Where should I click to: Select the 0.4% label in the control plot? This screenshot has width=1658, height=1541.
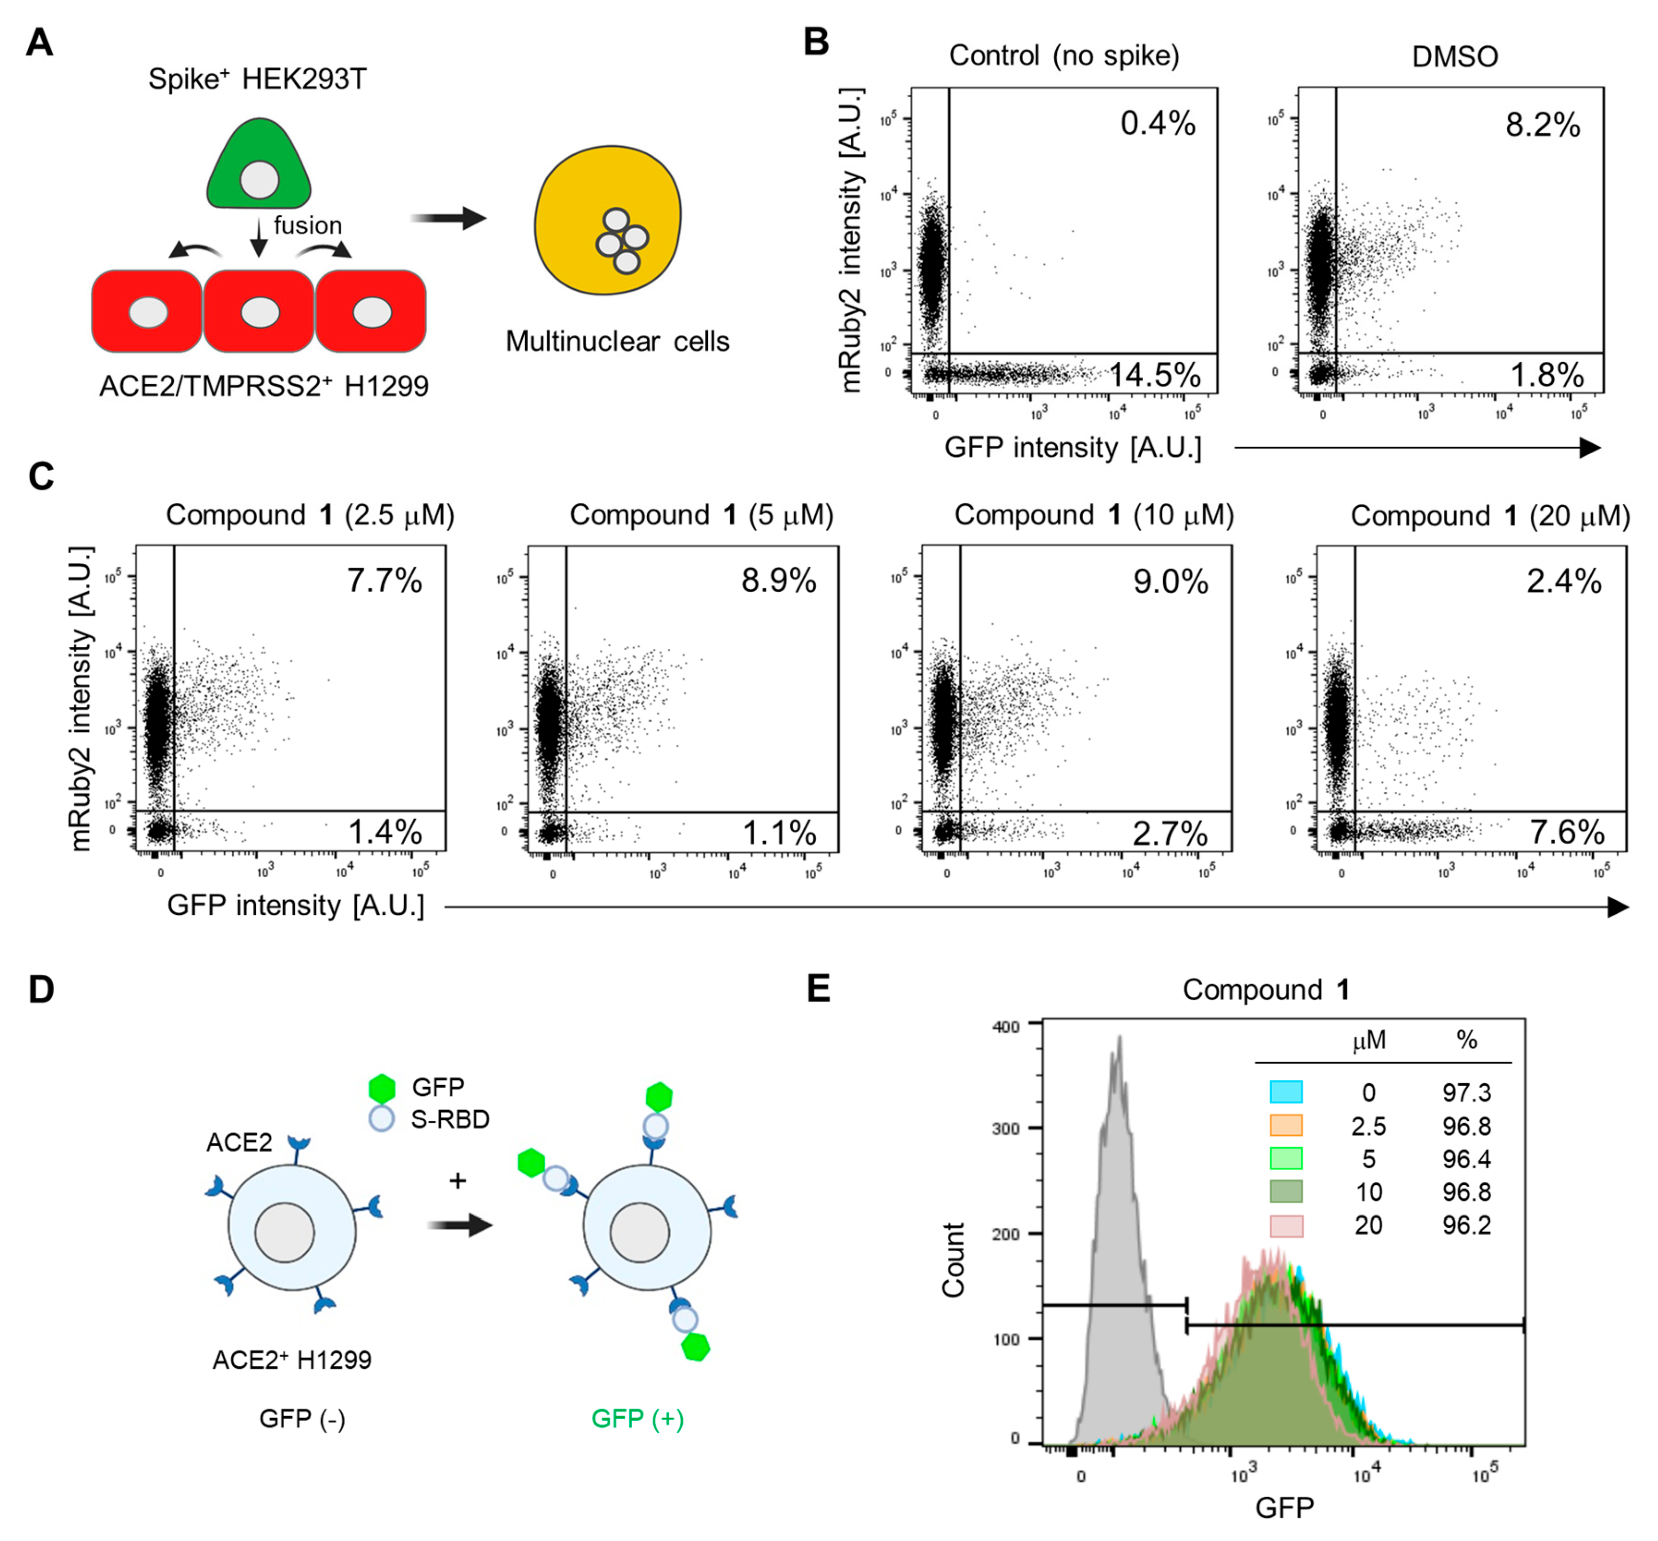coord(1157,123)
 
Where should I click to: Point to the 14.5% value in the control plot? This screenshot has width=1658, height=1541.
coord(1154,374)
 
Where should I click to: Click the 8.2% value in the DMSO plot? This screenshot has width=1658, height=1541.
coord(1542,125)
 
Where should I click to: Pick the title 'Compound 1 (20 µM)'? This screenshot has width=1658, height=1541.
coord(1490,515)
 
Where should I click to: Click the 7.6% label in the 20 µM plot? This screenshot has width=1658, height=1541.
coord(1566,831)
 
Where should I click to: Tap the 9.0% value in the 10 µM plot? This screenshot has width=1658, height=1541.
coord(1170,581)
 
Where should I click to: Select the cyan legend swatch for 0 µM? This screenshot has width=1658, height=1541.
coord(1285,1092)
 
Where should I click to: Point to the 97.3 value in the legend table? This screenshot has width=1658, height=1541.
coord(1466,1092)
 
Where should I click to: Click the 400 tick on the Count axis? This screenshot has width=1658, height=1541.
coord(1006,1026)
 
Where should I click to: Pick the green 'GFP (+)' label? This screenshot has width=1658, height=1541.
coord(638,1418)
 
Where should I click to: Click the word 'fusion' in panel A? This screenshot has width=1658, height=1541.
coord(308,225)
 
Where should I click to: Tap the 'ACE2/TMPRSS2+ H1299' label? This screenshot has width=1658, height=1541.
coord(264,386)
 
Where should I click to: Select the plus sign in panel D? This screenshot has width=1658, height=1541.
coord(457,1181)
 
